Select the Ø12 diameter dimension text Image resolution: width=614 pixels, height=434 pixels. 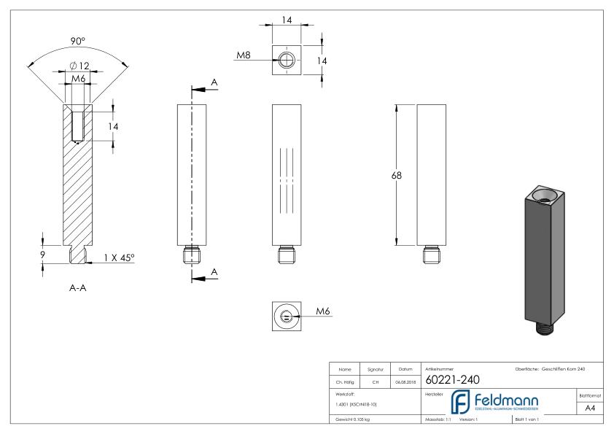79,66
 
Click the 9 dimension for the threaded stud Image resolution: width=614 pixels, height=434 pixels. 44,255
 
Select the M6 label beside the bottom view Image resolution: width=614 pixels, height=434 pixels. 323,311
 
